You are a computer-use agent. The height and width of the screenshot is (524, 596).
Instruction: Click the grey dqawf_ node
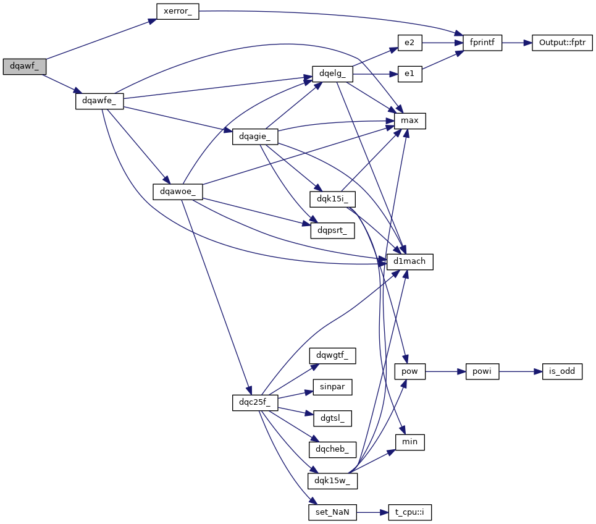click(24, 66)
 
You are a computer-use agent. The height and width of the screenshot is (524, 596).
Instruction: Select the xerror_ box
click(177, 11)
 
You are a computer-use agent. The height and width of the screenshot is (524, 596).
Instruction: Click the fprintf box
click(479, 43)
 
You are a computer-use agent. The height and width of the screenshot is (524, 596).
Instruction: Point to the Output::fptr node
click(562, 43)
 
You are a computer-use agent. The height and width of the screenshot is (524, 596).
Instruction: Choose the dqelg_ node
click(332, 74)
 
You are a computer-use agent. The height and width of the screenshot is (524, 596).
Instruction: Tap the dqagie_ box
click(255, 137)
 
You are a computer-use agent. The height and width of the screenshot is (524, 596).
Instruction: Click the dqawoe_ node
click(178, 192)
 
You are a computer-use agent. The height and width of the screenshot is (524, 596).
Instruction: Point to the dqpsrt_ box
click(332, 230)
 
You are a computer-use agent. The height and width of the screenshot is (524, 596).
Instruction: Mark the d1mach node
click(409, 261)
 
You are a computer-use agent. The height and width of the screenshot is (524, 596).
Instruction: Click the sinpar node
click(332, 387)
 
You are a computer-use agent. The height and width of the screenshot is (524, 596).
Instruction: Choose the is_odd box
click(562, 372)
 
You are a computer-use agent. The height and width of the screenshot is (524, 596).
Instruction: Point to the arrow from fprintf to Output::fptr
click(517, 43)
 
